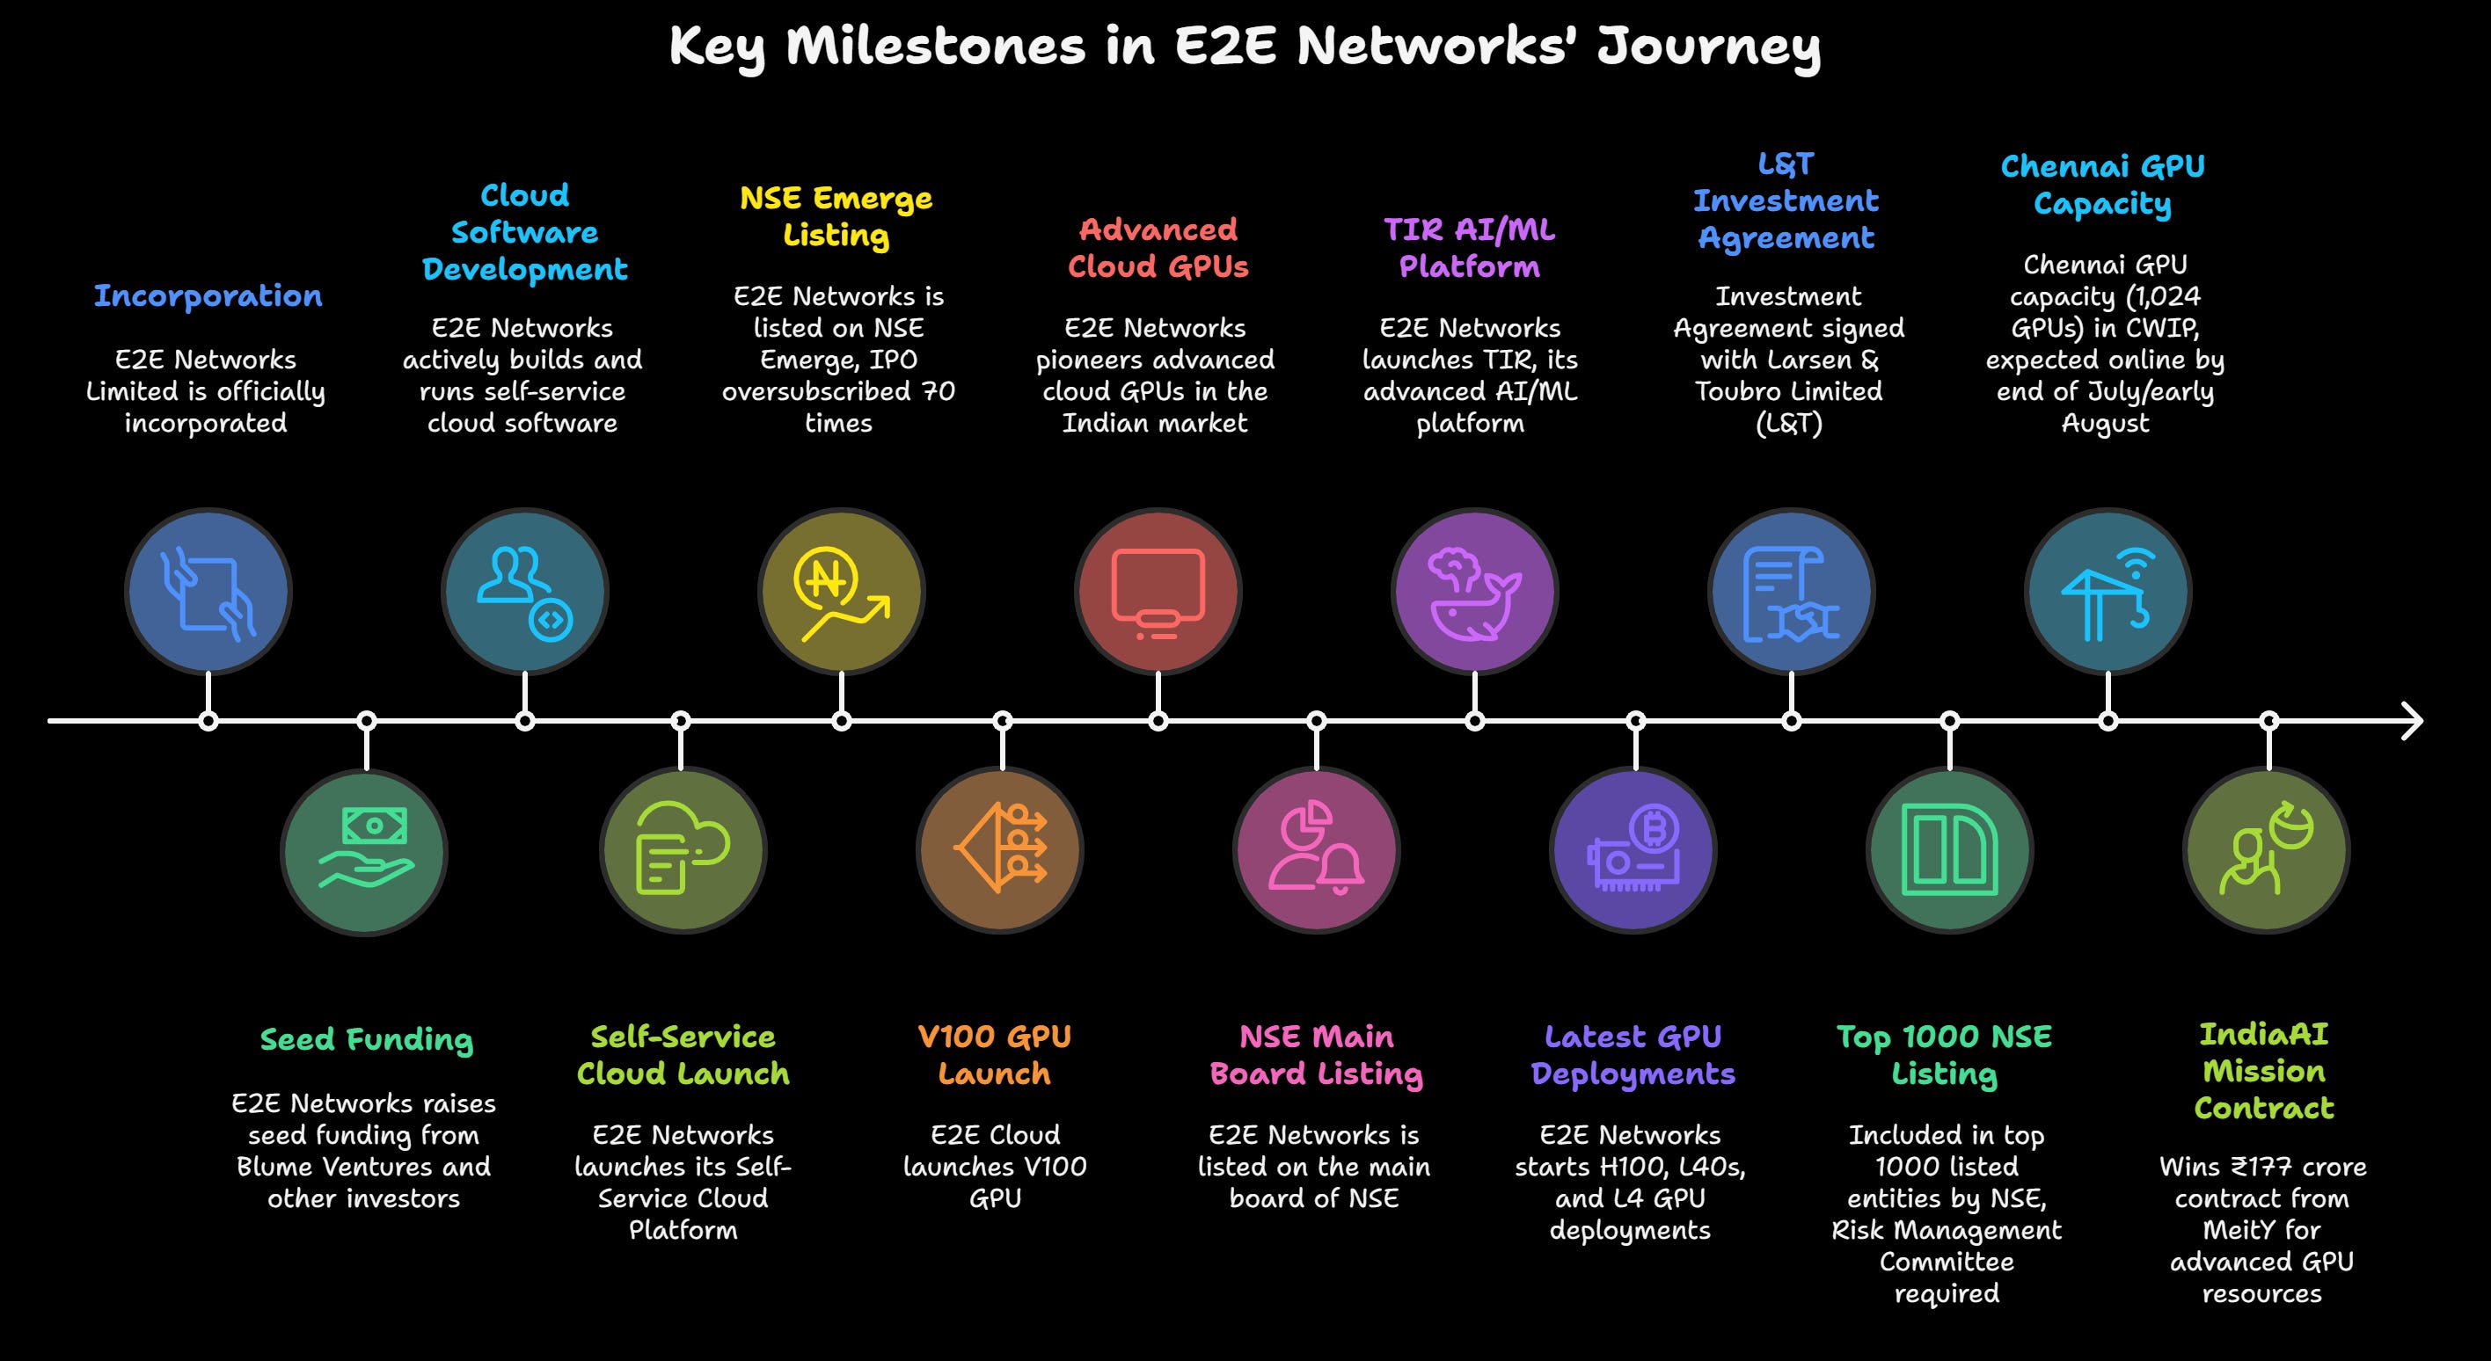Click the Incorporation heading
pyautogui.click(x=208, y=295)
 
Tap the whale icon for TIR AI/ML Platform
pyautogui.click(x=1473, y=593)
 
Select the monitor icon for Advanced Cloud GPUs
pyautogui.click(x=1158, y=593)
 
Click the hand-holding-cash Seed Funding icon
pyautogui.click(x=364, y=852)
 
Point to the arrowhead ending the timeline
pyautogui.click(x=2414, y=721)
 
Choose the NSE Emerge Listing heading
pyautogui.click(x=836, y=216)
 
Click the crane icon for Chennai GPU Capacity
pyautogui.click(x=2107, y=593)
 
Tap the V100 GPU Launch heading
pyautogui.click(x=994, y=1054)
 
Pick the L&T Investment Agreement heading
pyautogui.click(x=1786, y=201)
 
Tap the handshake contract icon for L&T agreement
pyautogui.click(x=1791, y=593)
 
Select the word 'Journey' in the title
pyautogui.click(x=1709, y=47)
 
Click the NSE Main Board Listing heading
pyautogui.click(x=1316, y=1054)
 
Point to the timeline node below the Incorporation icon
pyautogui.click(x=208, y=721)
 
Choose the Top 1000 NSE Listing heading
pyautogui.click(x=1945, y=1054)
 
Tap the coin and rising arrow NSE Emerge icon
pyautogui.click(x=840, y=593)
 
